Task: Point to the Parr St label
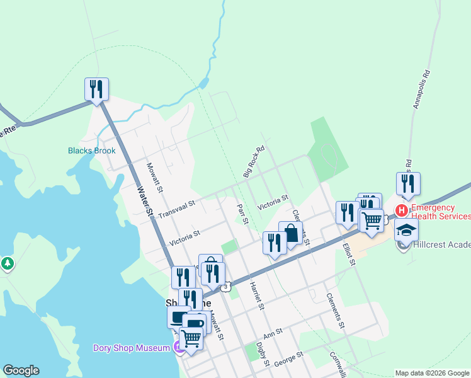[x=243, y=212]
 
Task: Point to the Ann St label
[x=273, y=332]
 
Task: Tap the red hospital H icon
[x=400, y=209]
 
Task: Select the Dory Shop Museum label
[x=133, y=348]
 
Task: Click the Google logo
[x=21, y=370]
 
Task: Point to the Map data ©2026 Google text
[x=432, y=373]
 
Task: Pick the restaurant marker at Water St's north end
[x=96, y=89]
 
